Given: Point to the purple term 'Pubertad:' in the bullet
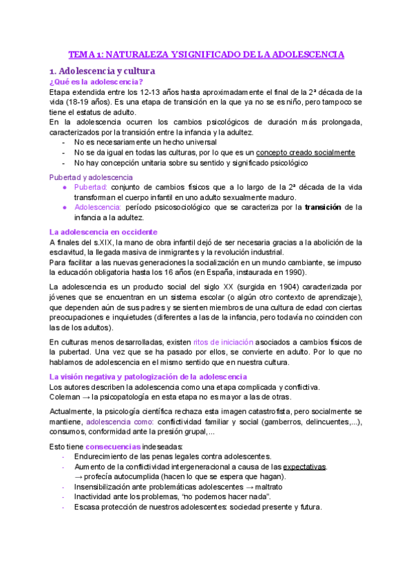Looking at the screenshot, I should point(90,187).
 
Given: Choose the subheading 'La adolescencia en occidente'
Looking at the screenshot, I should point(103,232).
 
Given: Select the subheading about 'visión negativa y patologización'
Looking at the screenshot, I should point(148,376).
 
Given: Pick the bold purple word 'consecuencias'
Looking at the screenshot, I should point(115,445).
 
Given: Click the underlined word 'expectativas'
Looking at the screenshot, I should point(305,466).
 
